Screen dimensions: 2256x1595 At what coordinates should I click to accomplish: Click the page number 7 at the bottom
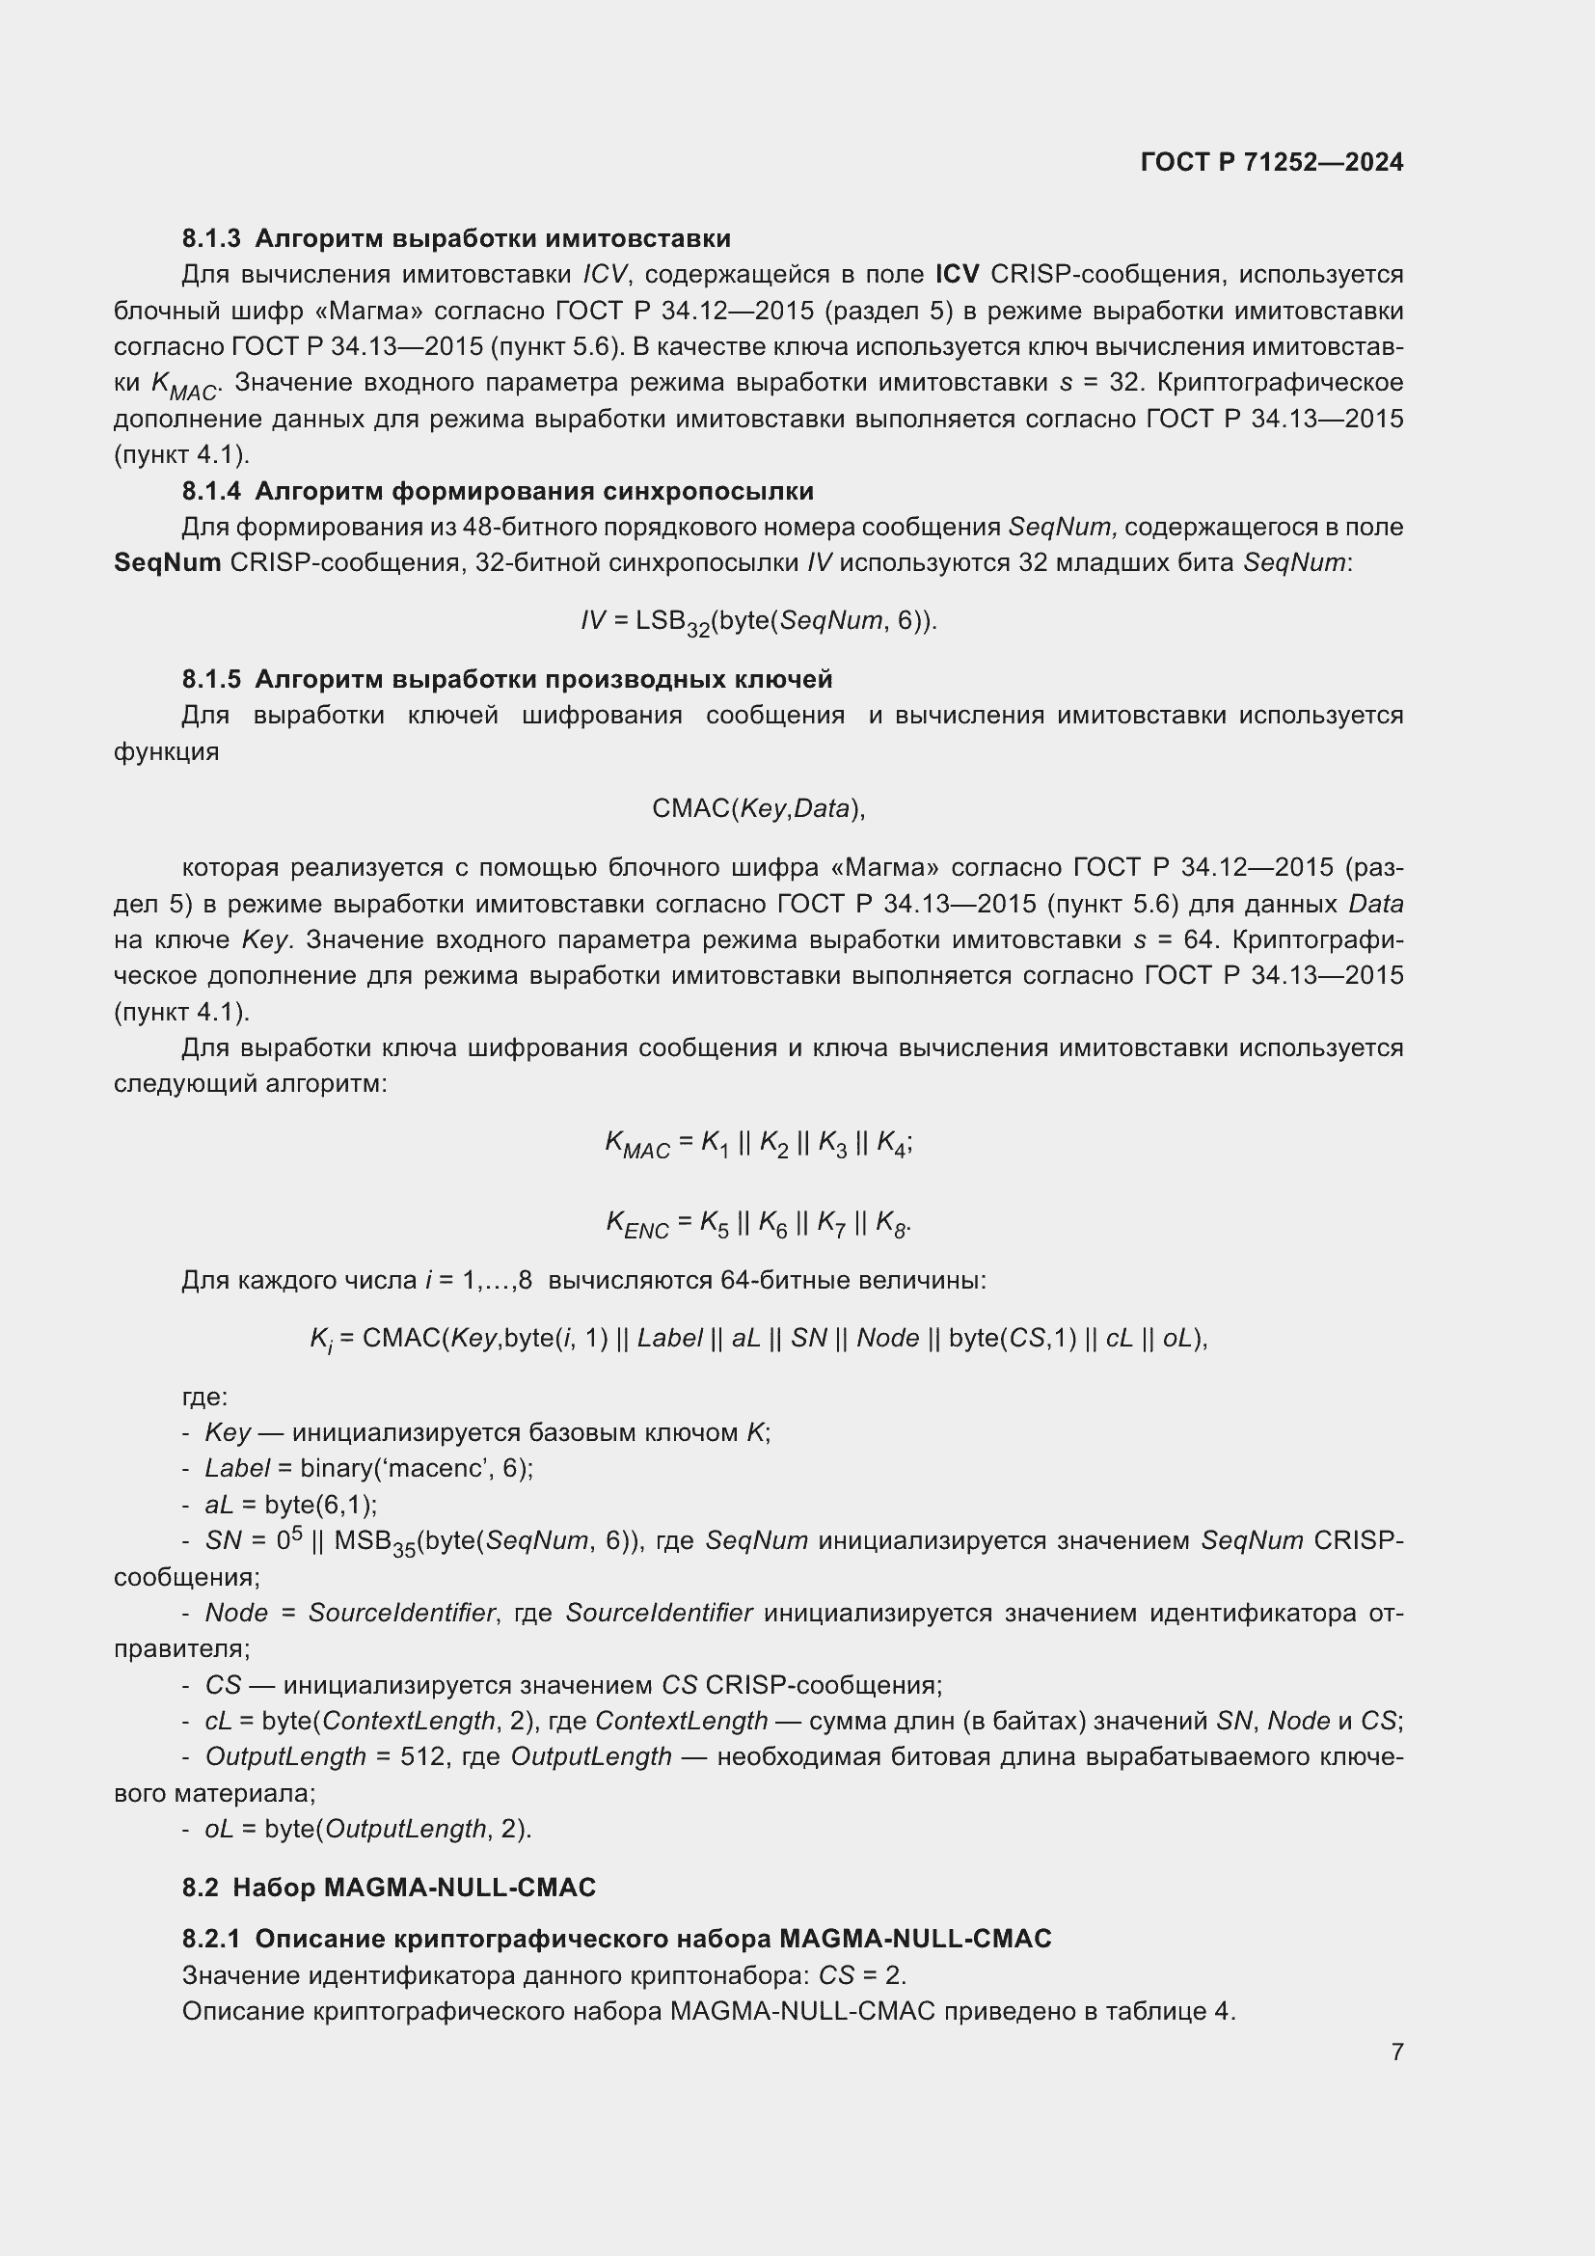pyautogui.click(x=1396, y=2052)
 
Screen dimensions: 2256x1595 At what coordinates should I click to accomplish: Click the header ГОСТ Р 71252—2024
pyautogui.click(x=1272, y=163)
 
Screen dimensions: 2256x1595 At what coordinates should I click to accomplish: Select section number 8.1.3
pyautogui.click(x=211, y=239)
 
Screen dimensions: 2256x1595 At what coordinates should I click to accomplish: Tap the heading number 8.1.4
pyautogui.click(x=211, y=491)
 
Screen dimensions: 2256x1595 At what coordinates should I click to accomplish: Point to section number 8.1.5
pyautogui.click(x=211, y=679)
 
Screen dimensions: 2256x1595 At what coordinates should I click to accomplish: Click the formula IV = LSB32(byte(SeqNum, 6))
pyautogui.click(x=758, y=622)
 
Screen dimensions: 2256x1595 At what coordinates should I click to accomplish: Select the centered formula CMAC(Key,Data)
pyautogui.click(x=758, y=808)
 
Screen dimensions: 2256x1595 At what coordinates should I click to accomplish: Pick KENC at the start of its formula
pyautogui.click(x=636, y=1224)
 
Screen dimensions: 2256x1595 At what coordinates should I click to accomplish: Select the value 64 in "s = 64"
pyautogui.click(x=1200, y=939)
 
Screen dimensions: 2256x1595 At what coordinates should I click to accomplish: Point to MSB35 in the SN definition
pyautogui.click(x=374, y=1542)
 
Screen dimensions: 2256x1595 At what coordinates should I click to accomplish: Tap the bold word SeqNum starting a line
pyautogui.click(x=167, y=563)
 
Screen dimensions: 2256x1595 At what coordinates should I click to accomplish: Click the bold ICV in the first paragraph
pyautogui.click(x=957, y=274)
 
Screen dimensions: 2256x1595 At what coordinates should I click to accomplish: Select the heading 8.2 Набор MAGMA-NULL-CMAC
pyautogui.click(x=388, y=1888)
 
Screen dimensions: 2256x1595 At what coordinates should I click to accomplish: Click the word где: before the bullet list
pyautogui.click(x=204, y=1397)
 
